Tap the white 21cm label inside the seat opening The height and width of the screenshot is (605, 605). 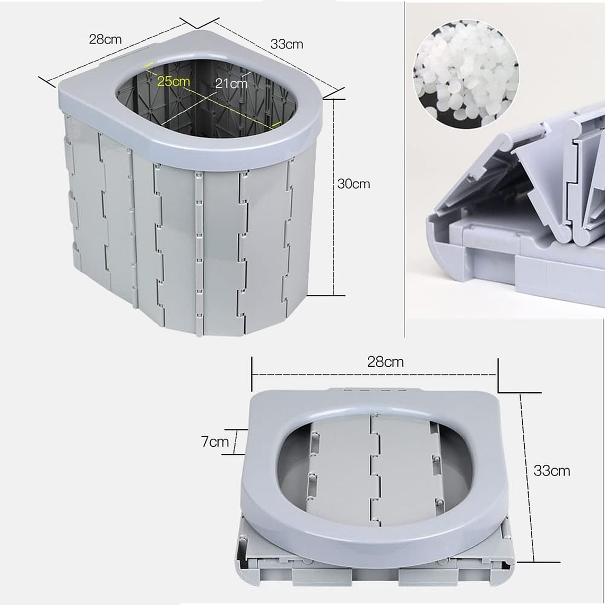(x=231, y=83)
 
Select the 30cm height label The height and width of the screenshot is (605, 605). (x=353, y=184)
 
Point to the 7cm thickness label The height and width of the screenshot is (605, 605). (x=214, y=442)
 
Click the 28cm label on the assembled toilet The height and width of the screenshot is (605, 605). (x=105, y=39)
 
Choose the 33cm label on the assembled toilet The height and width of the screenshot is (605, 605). (x=287, y=44)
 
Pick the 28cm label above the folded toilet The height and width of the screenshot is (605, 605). (x=385, y=362)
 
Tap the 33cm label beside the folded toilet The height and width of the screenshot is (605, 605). (x=551, y=470)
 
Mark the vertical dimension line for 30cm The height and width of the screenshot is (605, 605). (x=333, y=196)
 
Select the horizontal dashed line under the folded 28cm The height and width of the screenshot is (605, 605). (x=374, y=374)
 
